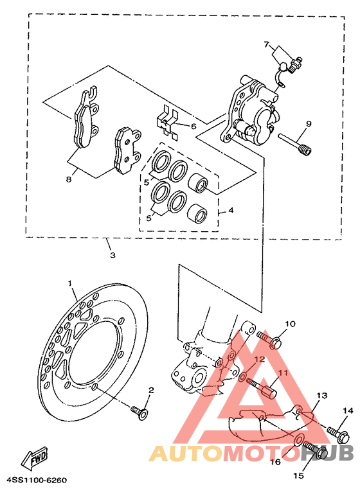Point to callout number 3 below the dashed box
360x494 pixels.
pyautogui.click(x=112, y=255)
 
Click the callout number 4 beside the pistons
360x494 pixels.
pyautogui.click(x=231, y=209)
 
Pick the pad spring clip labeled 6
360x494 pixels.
pyautogui.click(x=168, y=122)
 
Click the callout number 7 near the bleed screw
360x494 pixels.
pyautogui.click(x=265, y=44)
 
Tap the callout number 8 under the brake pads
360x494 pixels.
pyautogui.click(x=68, y=180)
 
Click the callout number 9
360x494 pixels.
pyautogui.click(x=308, y=123)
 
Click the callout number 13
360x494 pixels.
pyautogui.click(x=321, y=395)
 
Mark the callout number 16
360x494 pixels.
pyautogui.click(x=274, y=461)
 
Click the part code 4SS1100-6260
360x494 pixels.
pyautogui.click(x=37, y=480)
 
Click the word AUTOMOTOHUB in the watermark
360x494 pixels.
pyautogui.click(x=251, y=454)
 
